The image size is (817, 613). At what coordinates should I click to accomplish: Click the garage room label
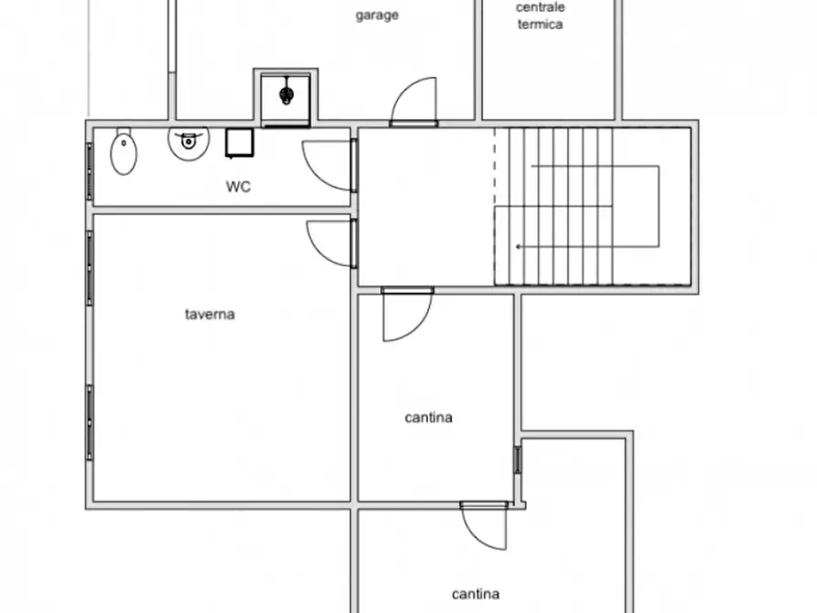(377, 16)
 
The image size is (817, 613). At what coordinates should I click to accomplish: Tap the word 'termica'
(540, 25)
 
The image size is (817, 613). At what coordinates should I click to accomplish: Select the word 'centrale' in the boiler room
(540, 7)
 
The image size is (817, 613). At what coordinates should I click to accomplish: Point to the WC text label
(239, 187)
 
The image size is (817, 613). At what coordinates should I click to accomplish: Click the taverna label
(210, 314)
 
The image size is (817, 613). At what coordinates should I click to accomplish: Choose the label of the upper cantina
(428, 417)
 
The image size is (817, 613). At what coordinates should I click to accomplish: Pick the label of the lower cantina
(476, 594)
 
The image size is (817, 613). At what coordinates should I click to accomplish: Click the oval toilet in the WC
(124, 153)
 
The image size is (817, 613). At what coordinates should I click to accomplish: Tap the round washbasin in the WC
(188, 142)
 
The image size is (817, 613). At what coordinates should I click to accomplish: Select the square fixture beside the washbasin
(240, 143)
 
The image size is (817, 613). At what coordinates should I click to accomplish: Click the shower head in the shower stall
(286, 93)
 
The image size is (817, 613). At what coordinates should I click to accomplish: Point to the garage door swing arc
(417, 99)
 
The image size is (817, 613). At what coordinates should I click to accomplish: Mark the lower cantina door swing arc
(485, 528)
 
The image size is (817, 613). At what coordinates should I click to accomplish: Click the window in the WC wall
(90, 171)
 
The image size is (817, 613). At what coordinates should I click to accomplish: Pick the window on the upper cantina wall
(518, 458)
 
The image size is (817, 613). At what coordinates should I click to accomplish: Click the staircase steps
(567, 206)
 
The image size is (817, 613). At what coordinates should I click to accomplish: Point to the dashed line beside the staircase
(495, 206)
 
